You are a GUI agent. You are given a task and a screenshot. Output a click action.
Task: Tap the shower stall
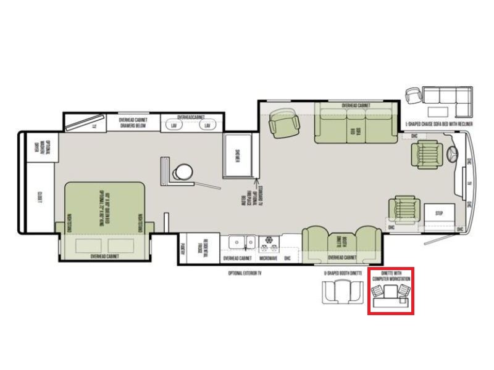point(237,154)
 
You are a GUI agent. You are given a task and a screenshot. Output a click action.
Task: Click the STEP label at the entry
point(439,213)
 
